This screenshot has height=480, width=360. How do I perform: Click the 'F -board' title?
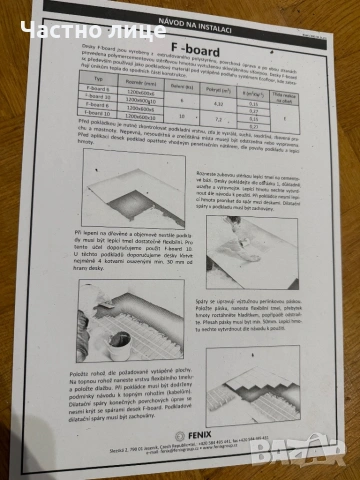click(187, 47)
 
